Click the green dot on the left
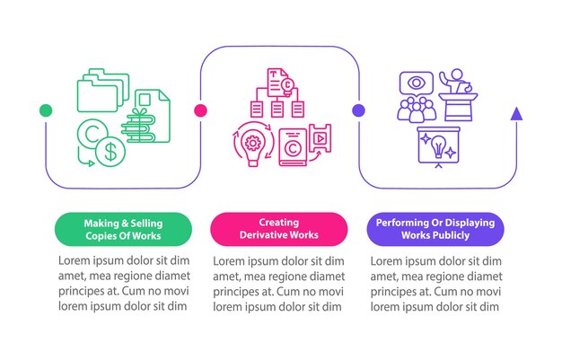[45, 110]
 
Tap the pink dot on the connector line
[201, 110]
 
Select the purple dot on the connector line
[358, 110]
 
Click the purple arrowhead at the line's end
[516, 113]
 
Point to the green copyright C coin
[92, 134]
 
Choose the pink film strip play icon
[319, 139]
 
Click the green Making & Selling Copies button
[123, 228]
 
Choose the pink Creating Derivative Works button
[278, 228]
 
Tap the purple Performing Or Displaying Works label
[435, 228]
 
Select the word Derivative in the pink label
[266, 235]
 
